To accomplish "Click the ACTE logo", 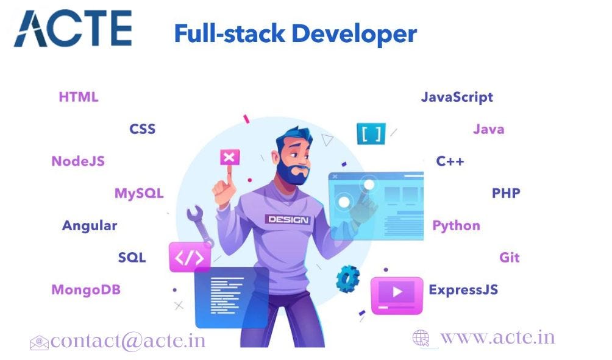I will (73, 28).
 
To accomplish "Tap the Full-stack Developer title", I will (295, 34).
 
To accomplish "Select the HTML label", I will (78, 97).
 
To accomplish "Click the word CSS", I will (142, 129).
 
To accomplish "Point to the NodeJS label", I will (78, 161).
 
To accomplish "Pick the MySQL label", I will (139, 194).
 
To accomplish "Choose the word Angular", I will (90, 225).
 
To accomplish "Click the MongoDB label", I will (86, 289).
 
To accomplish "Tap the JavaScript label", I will (457, 97).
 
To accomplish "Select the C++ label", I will (450, 161).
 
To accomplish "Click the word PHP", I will (506, 194).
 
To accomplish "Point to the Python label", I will (456, 225).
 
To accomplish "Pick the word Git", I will (510, 257).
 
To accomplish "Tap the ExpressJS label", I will (463, 289).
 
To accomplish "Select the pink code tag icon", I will (190, 257).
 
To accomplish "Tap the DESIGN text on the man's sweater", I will (287, 219).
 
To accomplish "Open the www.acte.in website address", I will (497, 337).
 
